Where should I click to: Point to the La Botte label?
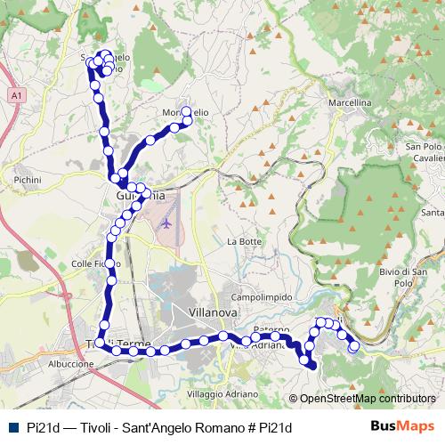pos(244,241)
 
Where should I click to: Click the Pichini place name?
pos(28,180)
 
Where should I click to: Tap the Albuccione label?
pos(71,364)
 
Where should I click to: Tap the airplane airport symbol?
pos(166,223)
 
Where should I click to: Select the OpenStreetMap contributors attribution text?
pos(367,399)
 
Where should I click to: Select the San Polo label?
pos(425,146)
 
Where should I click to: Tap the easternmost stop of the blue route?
pos(354,346)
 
